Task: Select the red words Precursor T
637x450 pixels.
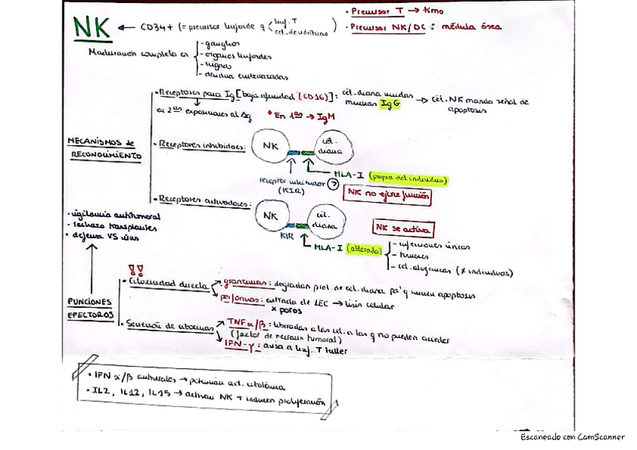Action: [379, 13]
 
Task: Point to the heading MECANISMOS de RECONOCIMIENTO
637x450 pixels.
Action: [104, 149]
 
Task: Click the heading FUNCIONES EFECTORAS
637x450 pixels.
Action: [90, 307]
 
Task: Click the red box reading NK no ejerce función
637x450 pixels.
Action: [389, 195]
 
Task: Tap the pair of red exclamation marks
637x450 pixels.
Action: [136, 269]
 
